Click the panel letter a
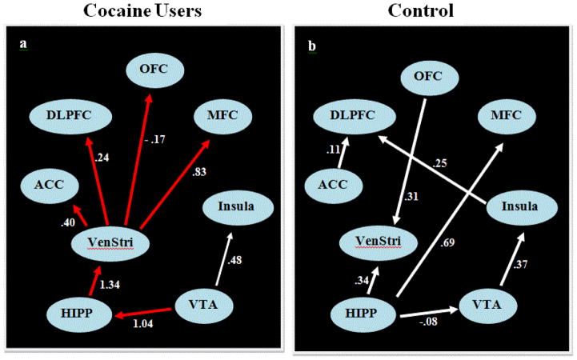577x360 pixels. (23, 45)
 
